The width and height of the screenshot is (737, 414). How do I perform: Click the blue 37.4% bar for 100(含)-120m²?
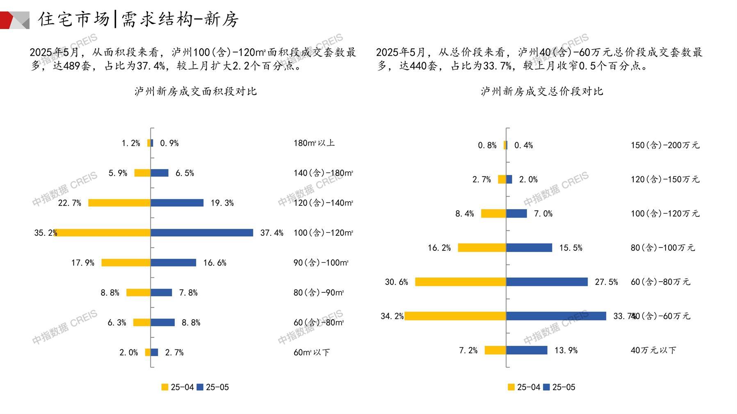pyautogui.click(x=202, y=233)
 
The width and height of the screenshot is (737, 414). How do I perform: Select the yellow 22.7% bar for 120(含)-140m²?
pyautogui.click(x=119, y=203)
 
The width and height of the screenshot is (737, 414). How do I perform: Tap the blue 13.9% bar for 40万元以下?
pyautogui.click(x=527, y=350)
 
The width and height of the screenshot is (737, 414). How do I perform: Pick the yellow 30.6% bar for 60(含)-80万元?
pyautogui.click(x=461, y=282)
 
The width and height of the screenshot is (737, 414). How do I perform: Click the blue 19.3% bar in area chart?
pyautogui.click(x=177, y=203)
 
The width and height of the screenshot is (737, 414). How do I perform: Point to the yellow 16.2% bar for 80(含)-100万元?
pyautogui.click(x=482, y=248)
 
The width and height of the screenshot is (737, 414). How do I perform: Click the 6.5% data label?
pyautogui.click(x=185, y=173)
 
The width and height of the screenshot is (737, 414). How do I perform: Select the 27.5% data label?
pyautogui.click(x=606, y=282)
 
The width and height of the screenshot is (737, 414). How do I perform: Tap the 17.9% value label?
pyautogui.click(x=83, y=263)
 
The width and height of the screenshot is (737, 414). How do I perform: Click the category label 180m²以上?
pyautogui.click(x=314, y=143)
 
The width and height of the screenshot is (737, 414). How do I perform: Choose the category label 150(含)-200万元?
pyautogui.click(x=665, y=145)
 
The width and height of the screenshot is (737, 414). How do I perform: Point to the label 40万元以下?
pyautogui.click(x=653, y=350)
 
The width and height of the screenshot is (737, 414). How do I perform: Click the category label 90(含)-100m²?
pyautogui.click(x=321, y=263)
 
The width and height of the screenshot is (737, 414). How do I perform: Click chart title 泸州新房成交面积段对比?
pyautogui.click(x=196, y=91)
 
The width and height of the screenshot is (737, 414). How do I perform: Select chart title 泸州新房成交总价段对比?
pyautogui.click(x=542, y=91)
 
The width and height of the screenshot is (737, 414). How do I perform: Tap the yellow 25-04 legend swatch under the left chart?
pyautogui.click(x=165, y=387)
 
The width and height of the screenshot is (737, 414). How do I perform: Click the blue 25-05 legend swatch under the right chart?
pyautogui.click(x=546, y=387)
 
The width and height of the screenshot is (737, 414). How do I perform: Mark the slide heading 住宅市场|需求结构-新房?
pyautogui.click(x=138, y=19)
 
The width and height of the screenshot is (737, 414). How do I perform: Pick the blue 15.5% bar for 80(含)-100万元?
pyautogui.click(x=529, y=248)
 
